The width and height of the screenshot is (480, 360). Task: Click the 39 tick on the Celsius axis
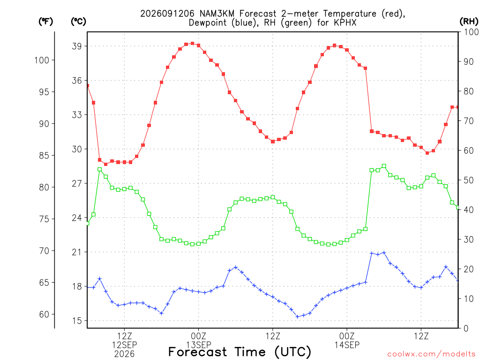[77, 46]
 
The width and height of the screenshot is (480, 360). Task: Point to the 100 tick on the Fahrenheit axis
[42, 60]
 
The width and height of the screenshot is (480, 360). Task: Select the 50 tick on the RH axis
[469, 180]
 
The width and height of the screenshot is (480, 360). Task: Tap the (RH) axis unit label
[469, 22]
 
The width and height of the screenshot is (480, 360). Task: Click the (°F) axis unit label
[45, 22]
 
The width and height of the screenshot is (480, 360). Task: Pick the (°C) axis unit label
[78, 22]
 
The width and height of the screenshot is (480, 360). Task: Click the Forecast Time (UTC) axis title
[240, 352]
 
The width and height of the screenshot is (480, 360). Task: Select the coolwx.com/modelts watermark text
[431, 354]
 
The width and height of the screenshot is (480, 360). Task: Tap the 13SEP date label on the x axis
[199, 345]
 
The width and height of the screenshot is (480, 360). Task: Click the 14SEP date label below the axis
[347, 345]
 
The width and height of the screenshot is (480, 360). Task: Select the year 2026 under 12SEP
[124, 354]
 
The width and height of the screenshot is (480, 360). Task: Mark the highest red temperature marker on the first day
[192, 44]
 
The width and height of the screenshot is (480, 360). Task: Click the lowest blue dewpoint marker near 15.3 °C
[297, 316]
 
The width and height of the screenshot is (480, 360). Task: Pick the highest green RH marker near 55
[384, 166]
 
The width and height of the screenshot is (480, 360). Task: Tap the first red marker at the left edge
[88, 86]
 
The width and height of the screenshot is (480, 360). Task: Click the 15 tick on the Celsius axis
[77, 321]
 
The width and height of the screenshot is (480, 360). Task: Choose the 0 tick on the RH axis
[466, 328]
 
